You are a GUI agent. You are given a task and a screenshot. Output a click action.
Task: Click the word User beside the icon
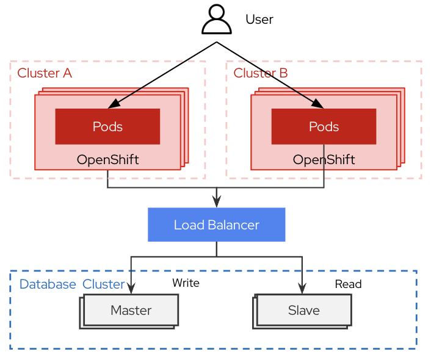(x=259, y=20)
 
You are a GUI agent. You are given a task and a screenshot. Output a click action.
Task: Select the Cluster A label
(x=45, y=73)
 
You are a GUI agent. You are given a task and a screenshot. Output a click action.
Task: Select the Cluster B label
(x=261, y=73)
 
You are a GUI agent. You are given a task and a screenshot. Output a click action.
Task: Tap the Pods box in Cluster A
(x=107, y=127)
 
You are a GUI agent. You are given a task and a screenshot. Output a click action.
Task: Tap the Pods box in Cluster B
(x=324, y=127)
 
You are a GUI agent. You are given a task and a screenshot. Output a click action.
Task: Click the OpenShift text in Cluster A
(x=107, y=160)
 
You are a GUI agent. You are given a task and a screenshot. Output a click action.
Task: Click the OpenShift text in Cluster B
(x=324, y=160)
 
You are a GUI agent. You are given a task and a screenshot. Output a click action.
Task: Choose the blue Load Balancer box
(x=217, y=225)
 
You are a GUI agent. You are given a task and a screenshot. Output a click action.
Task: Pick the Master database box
(x=131, y=310)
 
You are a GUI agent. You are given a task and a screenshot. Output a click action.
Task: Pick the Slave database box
(x=303, y=310)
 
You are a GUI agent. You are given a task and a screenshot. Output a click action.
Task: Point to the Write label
(x=186, y=283)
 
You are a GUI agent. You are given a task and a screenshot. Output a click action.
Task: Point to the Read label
(x=348, y=284)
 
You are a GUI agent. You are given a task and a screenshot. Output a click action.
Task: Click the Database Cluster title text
(x=72, y=284)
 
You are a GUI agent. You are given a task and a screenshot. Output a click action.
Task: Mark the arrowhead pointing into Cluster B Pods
(x=319, y=105)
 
